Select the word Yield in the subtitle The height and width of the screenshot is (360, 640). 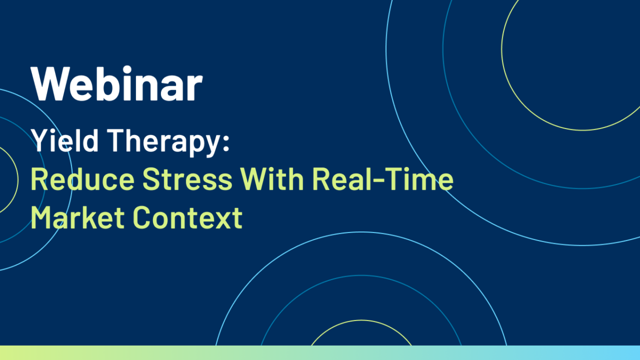tap(65, 140)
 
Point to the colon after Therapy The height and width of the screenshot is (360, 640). tap(226, 142)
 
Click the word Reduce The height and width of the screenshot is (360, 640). tap(83, 179)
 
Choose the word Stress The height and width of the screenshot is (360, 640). tap(187, 179)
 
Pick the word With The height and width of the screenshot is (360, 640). tap(271, 179)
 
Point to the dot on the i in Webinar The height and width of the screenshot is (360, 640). tap(127, 69)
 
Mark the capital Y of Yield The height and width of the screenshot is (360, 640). tap(42, 140)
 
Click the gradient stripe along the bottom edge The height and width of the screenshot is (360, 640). tap(320, 353)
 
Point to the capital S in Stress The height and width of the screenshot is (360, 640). tap(151, 179)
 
